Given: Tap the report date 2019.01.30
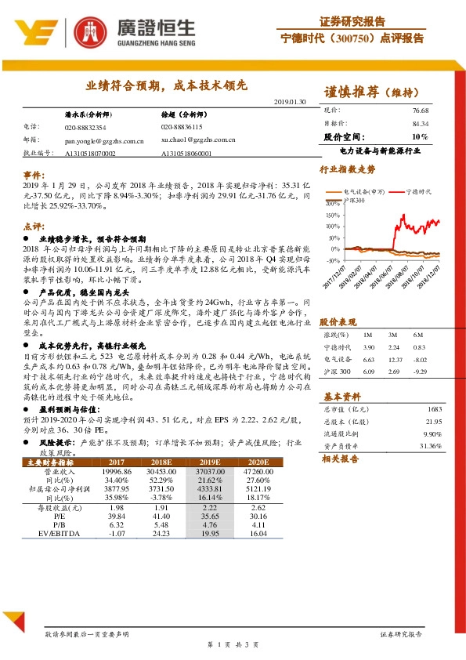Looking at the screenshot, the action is pos(289,102).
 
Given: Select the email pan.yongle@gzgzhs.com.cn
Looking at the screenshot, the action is pos(106,139).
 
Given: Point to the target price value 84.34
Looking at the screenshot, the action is pos(420,123).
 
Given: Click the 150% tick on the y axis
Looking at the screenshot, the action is pos(331,214).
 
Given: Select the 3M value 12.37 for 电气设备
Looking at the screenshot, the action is pos(394,358).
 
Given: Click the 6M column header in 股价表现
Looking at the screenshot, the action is pos(420,335).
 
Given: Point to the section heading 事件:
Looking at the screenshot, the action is pos(33,173).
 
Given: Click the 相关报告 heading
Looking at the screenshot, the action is pos(340,459).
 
